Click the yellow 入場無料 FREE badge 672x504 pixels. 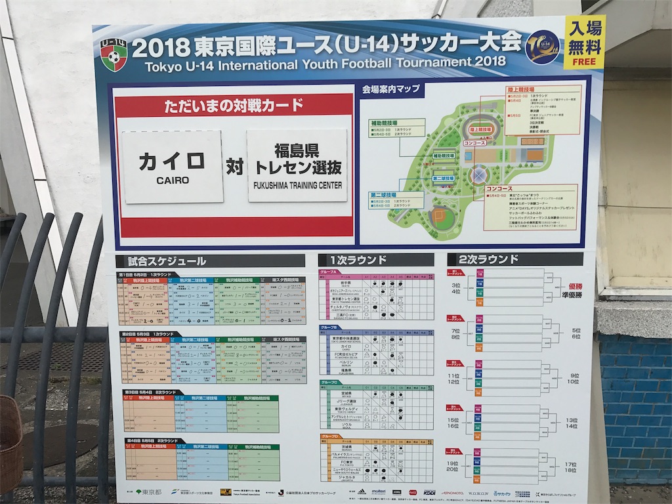(x=584, y=42)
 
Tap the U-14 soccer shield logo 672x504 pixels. (x=114, y=54)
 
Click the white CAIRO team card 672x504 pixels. (x=173, y=167)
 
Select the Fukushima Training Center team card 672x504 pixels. (x=297, y=165)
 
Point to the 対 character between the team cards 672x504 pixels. (x=234, y=167)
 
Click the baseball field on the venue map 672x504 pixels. (x=441, y=216)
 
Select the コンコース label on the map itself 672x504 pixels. (x=474, y=142)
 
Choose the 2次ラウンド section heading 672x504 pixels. (x=489, y=259)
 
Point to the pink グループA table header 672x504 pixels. (x=329, y=272)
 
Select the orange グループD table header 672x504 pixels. (x=330, y=436)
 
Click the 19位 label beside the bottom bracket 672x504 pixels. (x=453, y=463)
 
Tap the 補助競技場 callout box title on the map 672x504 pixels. (x=385, y=122)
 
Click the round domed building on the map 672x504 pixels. (x=479, y=175)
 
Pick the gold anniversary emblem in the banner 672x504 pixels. (x=542, y=47)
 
